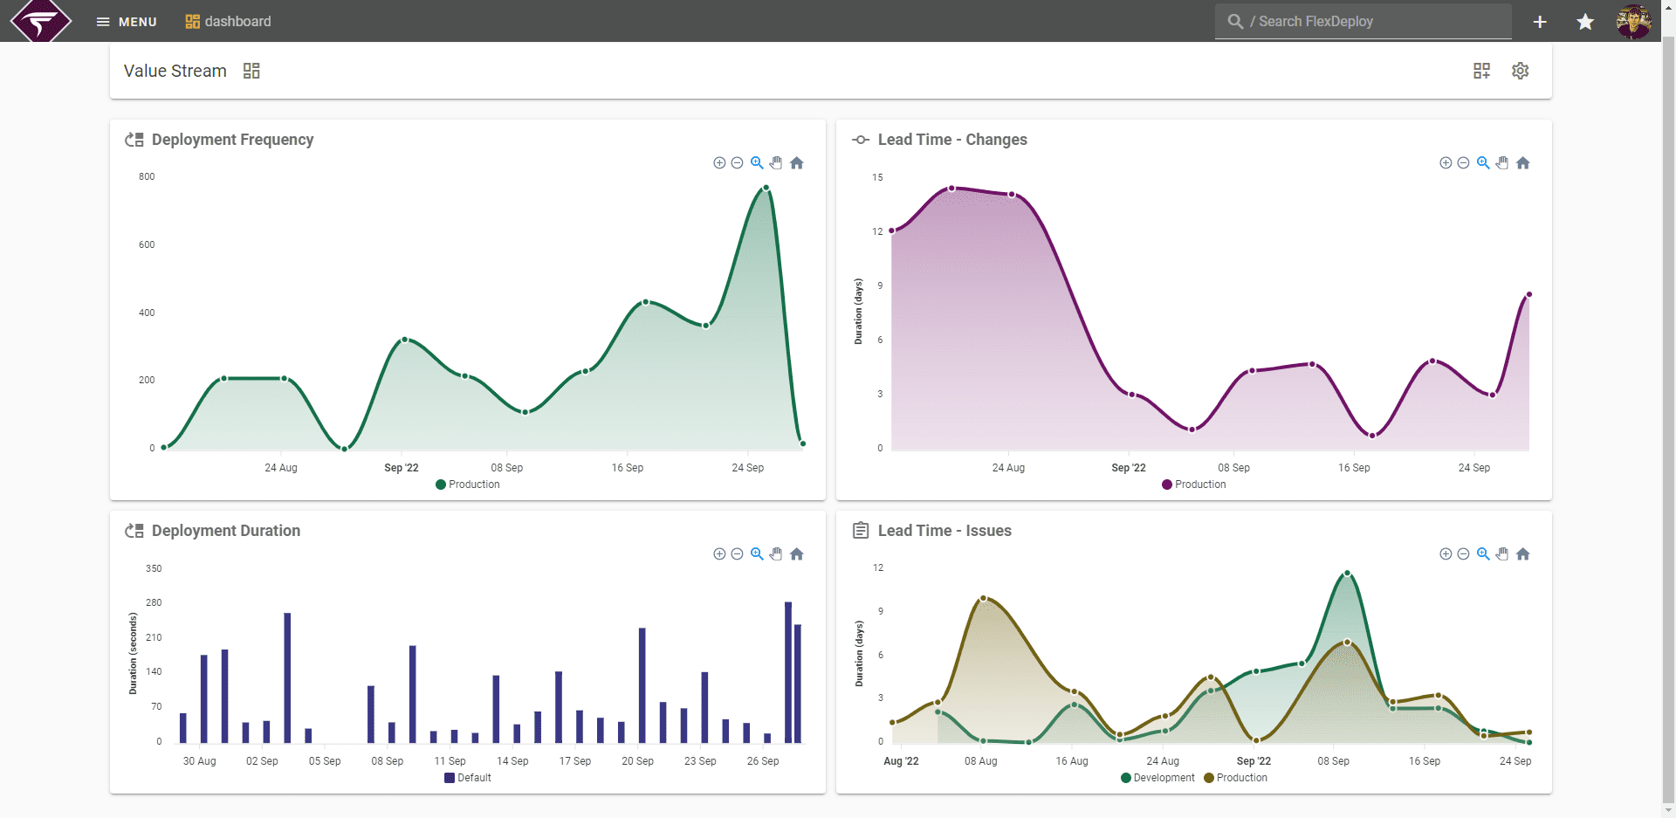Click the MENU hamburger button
127,22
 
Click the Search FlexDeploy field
1363,22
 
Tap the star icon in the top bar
1585,22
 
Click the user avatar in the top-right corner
1633,22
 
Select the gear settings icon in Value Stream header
1521,71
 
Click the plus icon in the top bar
1540,22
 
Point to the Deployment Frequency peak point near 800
766,188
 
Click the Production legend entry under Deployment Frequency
468,485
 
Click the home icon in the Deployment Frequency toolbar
797,163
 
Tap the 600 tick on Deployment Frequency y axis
147,244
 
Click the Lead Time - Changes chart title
952,140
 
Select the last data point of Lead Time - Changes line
1529,294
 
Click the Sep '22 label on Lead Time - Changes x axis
1129,468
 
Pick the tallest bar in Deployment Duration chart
788,672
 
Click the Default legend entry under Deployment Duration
468,778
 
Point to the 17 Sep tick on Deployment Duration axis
575,761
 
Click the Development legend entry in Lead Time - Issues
1157,778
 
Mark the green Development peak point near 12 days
1347,574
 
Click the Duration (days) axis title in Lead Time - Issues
859,653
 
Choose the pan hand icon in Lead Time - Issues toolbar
1502,554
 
